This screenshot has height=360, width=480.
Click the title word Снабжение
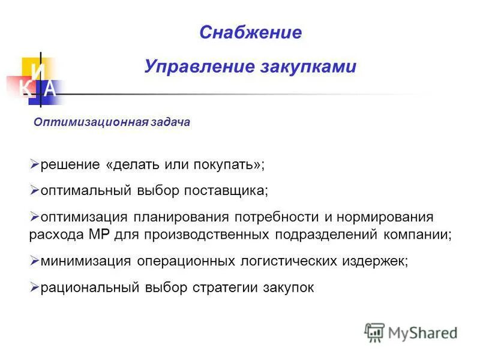pyautogui.click(x=250, y=32)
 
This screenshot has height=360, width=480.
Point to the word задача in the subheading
pyautogui.click(x=170, y=122)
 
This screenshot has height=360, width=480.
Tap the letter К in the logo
pyautogui.click(x=25, y=89)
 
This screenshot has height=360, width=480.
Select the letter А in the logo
pyautogui.click(x=50, y=89)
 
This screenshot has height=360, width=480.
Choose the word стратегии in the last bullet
pyautogui.click(x=221, y=287)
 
